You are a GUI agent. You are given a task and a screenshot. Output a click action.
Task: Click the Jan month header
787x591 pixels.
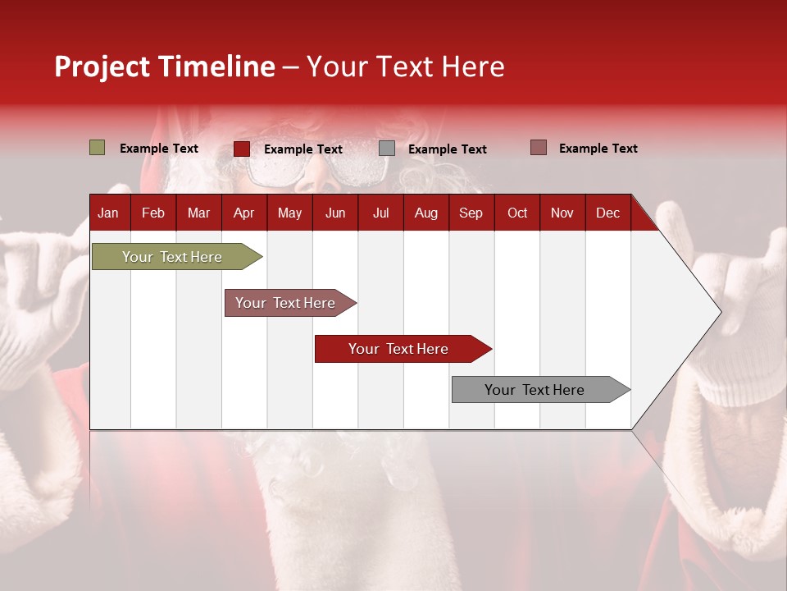click(108, 213)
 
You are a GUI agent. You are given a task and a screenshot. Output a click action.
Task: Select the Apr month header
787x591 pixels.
click(243, 213)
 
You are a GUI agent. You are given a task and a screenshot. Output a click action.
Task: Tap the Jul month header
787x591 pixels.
click(380, 213)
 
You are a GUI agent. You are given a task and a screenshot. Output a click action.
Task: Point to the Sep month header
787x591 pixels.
click(471, 213)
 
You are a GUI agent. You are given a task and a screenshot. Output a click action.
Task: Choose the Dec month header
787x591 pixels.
click(607, 213)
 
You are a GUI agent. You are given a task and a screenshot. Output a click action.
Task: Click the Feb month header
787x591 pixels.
click(153, 213)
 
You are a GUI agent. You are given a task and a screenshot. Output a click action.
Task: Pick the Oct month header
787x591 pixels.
click(517, 213)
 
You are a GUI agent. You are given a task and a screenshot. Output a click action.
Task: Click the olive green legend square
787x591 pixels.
click(98, 148)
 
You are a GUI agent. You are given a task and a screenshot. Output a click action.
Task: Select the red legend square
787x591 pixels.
click(242, 149)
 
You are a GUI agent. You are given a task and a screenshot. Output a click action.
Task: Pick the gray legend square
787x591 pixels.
click(387, 149)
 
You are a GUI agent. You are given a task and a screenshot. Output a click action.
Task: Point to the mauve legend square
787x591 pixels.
click(539, 148)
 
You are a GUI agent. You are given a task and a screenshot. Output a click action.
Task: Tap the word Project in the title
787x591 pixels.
click(102, 66)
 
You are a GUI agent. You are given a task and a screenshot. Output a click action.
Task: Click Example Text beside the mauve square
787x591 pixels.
click(598, 149)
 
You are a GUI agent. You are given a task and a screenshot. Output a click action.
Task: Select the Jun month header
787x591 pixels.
click(335, 213)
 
